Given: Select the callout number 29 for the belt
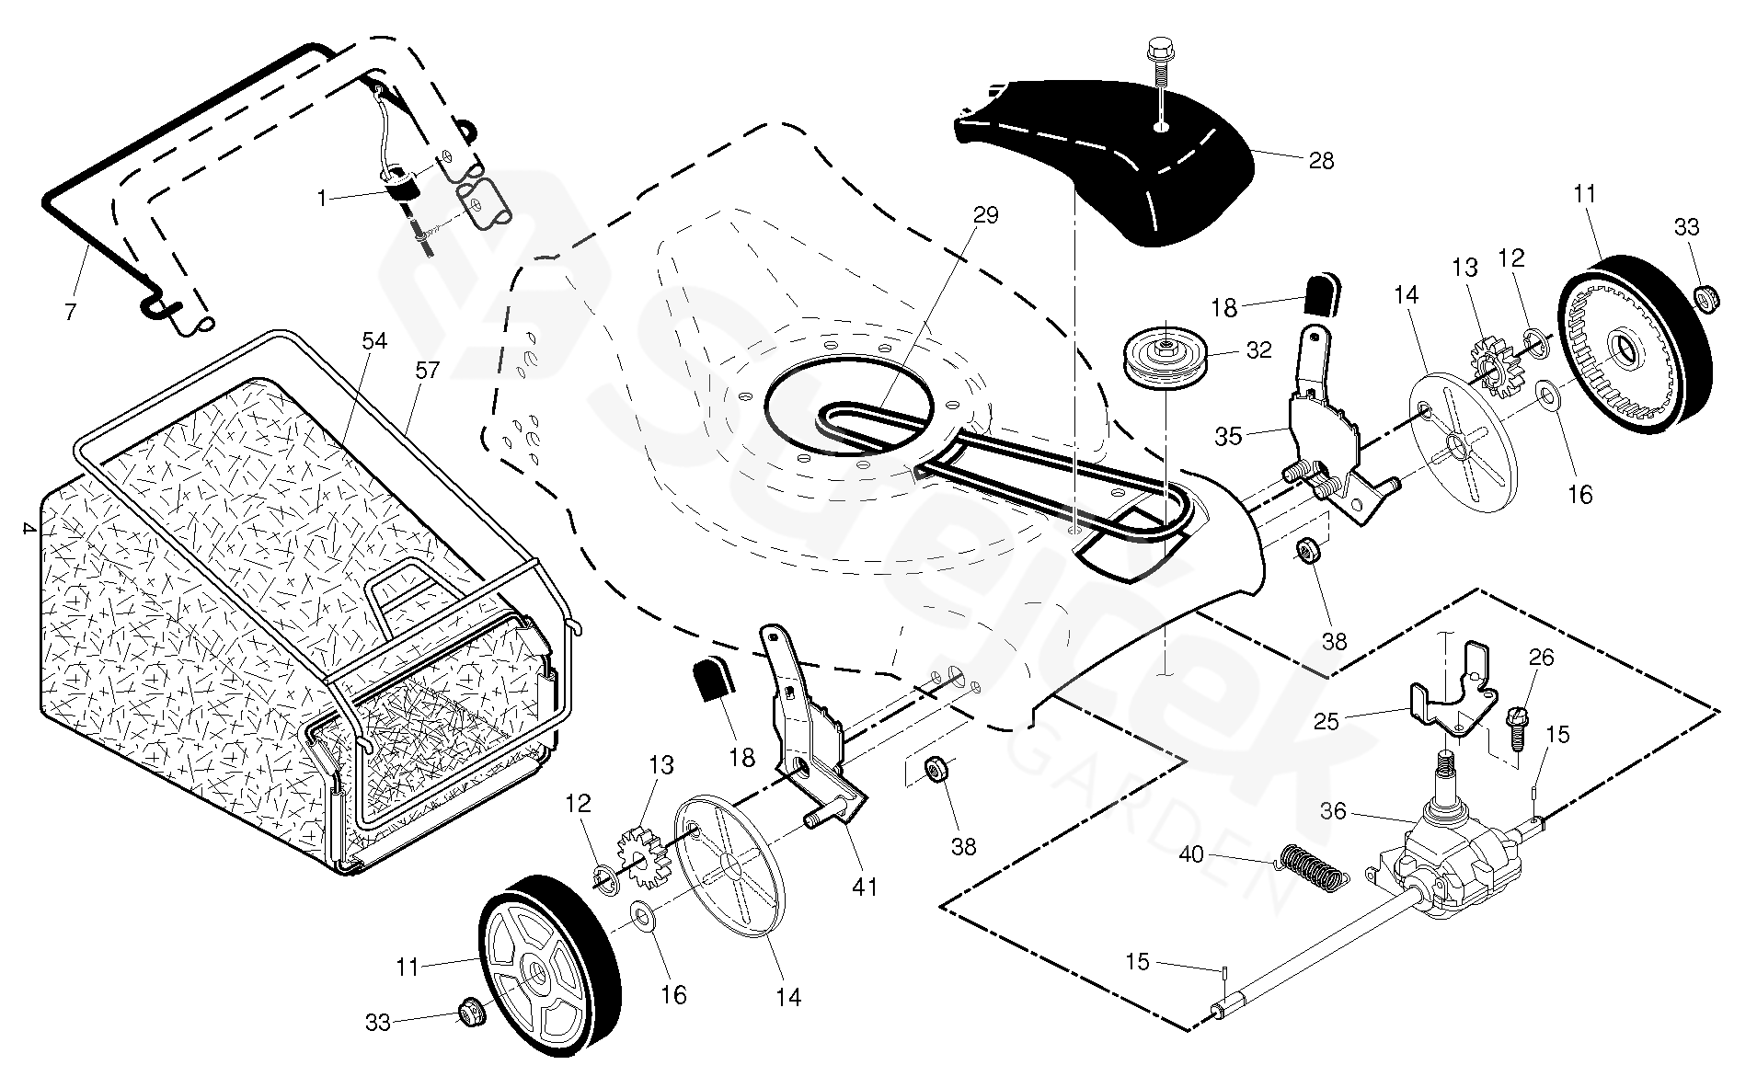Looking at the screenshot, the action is click(x=985, y=215).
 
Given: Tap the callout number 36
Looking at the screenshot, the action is click(x=1333, y=811).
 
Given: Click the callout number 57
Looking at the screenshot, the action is click(x=427, y=370).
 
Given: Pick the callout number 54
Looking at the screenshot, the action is click(x=373, y=341).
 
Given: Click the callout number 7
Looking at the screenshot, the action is click(x=71, y=311).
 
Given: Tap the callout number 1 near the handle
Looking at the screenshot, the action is click(x=321, y=198).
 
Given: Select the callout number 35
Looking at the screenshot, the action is click(x=1228, y=436).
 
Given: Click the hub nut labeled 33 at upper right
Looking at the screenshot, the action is click(x=1705, y=298).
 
